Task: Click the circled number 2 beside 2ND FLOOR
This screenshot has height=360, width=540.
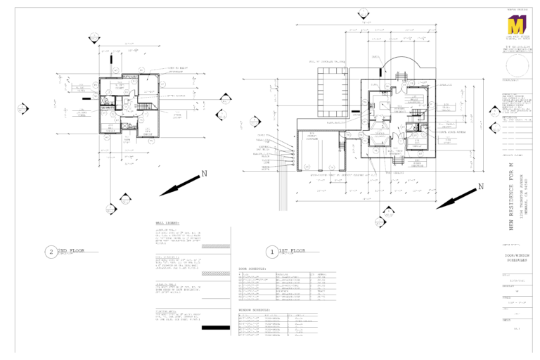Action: (50, 251)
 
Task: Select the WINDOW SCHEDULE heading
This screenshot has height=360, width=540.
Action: (257, 309)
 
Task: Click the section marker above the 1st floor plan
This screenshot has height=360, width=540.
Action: (363, 13)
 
